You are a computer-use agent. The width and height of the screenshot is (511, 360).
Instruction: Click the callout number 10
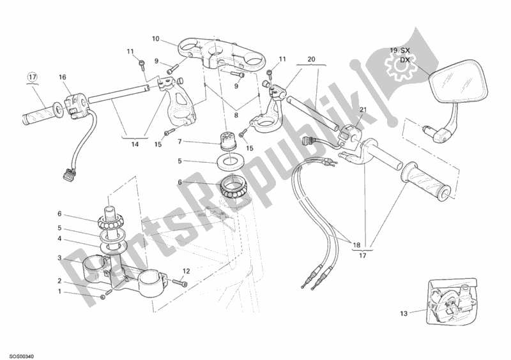point(155,39)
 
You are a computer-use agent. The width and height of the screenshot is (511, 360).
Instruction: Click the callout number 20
point(311,59)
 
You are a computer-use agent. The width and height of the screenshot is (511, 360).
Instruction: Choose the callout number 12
point(186,270)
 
